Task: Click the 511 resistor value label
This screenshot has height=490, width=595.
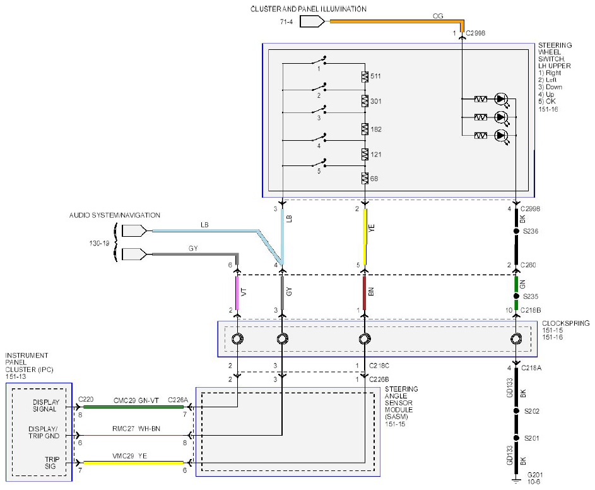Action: (375, 76)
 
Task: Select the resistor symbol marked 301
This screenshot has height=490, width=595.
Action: (365, 101)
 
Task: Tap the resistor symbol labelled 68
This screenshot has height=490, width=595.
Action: (365, 178)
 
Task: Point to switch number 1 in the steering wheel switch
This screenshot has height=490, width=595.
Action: (319, 61)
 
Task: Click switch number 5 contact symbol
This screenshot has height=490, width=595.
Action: (319, 164)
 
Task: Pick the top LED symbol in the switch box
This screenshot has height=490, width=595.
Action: (501, 99)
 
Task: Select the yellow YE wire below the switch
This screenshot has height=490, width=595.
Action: (365, 236)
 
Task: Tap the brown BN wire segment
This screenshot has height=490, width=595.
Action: (365, 293)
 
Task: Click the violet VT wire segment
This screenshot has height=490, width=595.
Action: (237, 293)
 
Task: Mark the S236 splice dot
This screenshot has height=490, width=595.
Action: (516, 231)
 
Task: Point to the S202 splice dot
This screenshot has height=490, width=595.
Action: (516, 410)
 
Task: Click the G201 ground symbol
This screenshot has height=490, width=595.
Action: (516, 481)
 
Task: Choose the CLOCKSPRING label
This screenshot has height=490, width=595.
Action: (565, 323)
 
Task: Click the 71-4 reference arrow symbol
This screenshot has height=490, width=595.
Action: (312, 21)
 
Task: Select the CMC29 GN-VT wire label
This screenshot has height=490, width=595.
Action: (136, 400)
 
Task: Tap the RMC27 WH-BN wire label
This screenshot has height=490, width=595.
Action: (136, 429)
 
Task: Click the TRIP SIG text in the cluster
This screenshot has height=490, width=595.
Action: (50, 463)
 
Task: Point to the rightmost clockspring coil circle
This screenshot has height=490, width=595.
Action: (516, 338)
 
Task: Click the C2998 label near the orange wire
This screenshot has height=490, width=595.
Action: (476, 33)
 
